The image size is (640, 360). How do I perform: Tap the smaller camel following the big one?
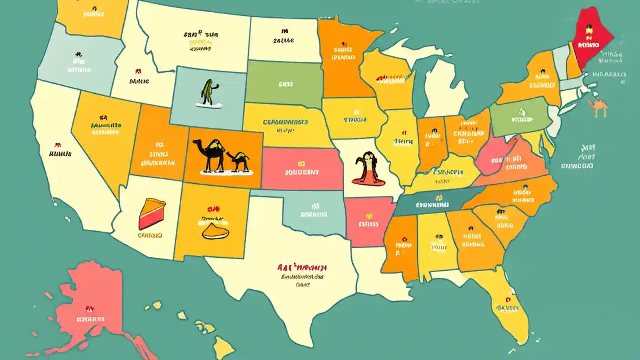(238, 161)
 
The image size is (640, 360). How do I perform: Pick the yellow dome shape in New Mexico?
(216, 231)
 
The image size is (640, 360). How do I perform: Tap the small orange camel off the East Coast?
(598, 107)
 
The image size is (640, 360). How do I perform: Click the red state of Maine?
(592, 35)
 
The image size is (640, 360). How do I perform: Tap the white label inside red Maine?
(588, 45)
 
